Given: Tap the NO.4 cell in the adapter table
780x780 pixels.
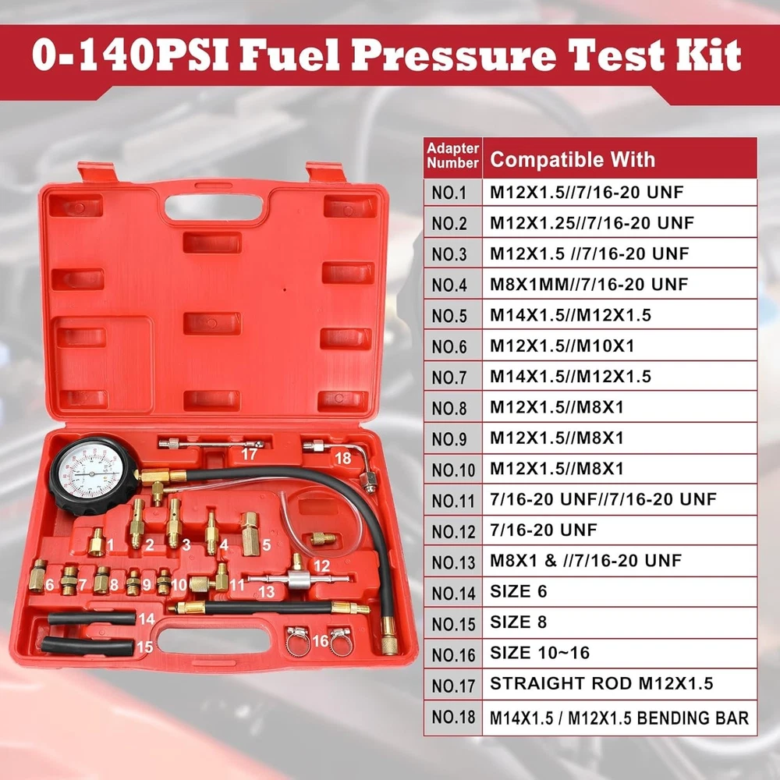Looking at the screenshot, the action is pos(452,284).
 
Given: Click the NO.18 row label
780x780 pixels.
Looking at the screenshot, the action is pos(452,717).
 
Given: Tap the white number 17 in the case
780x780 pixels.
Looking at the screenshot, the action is pos(249,454).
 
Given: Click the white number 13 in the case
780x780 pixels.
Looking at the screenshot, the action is pos(267,591).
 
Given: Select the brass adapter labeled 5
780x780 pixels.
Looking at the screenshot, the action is pos(250,534).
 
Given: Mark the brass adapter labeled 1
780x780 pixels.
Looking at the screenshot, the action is pos(96,542).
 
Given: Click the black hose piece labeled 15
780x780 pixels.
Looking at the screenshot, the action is pos(87,646).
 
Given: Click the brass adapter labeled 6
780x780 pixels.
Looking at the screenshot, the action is pos(37,576).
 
